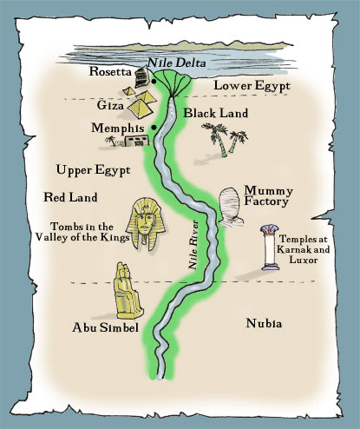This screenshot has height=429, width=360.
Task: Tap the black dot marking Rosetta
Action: tap(153, 82)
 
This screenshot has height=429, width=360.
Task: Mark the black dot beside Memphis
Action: tap(154, 128)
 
